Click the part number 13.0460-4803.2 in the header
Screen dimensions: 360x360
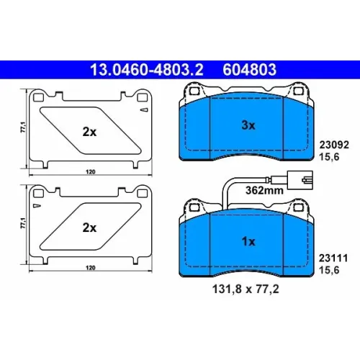point(147,70)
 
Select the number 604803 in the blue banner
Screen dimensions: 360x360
point(250,70)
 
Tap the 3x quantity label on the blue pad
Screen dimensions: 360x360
point(248,125)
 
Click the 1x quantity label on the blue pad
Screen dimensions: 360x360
point(248,241)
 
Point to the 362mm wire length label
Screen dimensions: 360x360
point(264,191)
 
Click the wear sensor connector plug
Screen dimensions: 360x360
point(300,180)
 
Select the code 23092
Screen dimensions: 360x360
point(334,145)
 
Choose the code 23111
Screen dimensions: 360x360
point(333,258)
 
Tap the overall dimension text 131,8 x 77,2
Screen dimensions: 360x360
point(246,289)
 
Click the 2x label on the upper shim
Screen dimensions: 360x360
point(89,132)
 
